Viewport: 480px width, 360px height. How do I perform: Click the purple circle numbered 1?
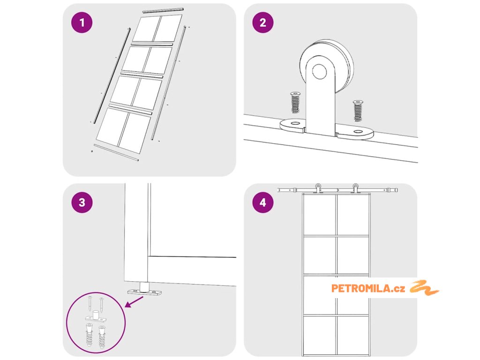(x=82, y=22)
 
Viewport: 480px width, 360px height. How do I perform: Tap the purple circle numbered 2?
(x=263, y=22)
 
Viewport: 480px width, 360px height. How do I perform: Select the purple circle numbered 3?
(x=82, y=202)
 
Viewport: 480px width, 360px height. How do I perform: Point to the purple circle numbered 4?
(x=263, y=202)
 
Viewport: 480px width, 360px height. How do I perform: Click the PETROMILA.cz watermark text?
(x=368, y=288)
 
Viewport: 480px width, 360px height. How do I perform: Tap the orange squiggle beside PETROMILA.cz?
(x=424, y=288)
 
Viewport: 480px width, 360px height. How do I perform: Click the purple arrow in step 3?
(x=134, y=302)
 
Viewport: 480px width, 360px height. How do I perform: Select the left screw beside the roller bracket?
(x=295, y=102)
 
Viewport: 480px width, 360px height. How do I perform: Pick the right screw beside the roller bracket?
(x=358, y=111)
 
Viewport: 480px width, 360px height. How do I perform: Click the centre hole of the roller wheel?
(x=319, y=71)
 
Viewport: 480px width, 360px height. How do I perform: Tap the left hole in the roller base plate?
(x=295, y=123)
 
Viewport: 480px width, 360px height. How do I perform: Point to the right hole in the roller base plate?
(x=358, y=132)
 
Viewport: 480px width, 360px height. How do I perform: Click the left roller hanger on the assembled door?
(x=318, y=188)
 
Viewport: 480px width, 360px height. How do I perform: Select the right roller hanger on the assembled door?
(x=355, y=188)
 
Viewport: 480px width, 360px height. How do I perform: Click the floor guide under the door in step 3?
(x=144, y=290)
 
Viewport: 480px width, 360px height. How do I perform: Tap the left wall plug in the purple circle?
(x=89, y=335)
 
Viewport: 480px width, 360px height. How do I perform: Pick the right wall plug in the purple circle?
(x=102, y=337)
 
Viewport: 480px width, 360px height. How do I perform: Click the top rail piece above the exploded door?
(x=163, y=10)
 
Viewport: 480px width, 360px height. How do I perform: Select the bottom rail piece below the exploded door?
(x=116, y=152)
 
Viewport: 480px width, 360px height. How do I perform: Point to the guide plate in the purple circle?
(x=96, y=317)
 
